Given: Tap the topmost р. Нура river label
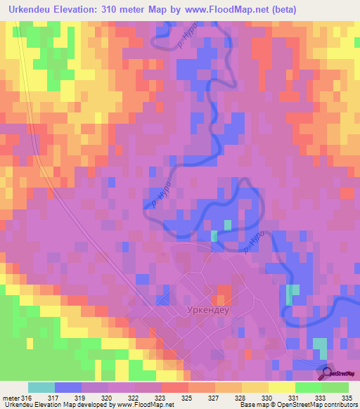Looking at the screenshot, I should click(188, 43).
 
